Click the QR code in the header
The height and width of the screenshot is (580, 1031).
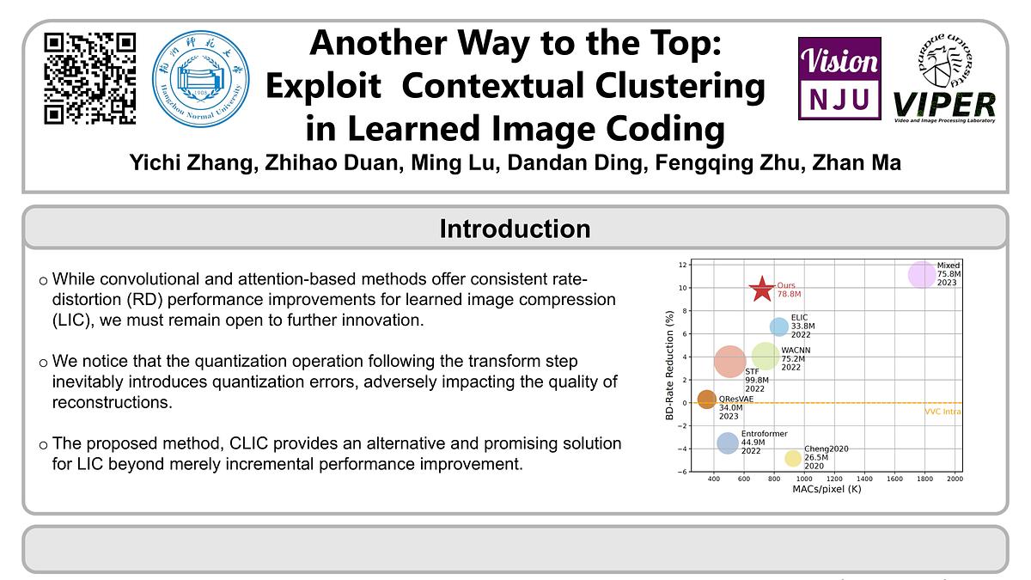point(90,78)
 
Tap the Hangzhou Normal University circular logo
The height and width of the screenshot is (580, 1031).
point(197,78)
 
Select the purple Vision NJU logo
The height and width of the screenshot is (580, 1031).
point(839,78)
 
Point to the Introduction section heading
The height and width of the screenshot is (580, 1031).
point(515,229)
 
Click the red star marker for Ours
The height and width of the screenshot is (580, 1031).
point(761,290)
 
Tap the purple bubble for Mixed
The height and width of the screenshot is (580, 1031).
point(922,275)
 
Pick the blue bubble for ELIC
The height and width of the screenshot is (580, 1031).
point(778,327)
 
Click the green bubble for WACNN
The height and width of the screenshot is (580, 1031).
point(765,355)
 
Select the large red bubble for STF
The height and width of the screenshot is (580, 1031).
point(730,361)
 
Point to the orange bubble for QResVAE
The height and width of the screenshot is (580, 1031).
point(706,400)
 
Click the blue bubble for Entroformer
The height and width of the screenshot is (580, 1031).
point(728,443)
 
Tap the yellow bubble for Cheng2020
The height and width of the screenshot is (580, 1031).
point(792,459)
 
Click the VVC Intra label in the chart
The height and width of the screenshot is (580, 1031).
point(943,412)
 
